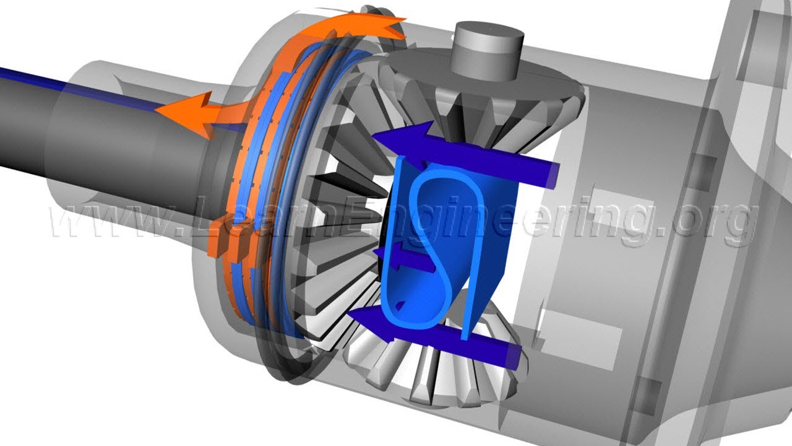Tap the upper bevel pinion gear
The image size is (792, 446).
(x=481, y=95)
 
